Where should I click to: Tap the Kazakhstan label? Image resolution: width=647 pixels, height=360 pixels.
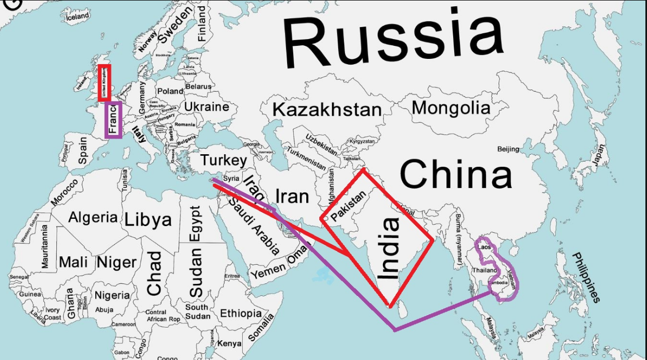[327, 110]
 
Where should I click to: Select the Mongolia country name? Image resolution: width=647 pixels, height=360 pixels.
[451, 108]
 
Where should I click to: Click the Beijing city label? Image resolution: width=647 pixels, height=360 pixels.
[508, 150]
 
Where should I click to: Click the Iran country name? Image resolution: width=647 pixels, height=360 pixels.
[292, 196]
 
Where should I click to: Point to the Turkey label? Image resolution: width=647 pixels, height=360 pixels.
[223, 160]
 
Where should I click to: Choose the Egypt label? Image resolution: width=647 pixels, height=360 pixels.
[195, 224]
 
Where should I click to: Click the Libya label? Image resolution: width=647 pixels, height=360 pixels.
[148, 220]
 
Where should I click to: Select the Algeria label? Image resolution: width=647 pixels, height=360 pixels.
[93, 217]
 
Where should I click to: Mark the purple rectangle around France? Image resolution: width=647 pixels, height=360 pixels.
[114, 120]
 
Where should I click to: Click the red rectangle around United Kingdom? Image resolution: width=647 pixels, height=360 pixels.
[104, 83]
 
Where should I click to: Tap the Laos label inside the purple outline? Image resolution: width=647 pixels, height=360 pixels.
[484, 246]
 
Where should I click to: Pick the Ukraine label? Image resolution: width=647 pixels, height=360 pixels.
[207, 107]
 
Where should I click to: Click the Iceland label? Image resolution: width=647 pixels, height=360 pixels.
[78, 17]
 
